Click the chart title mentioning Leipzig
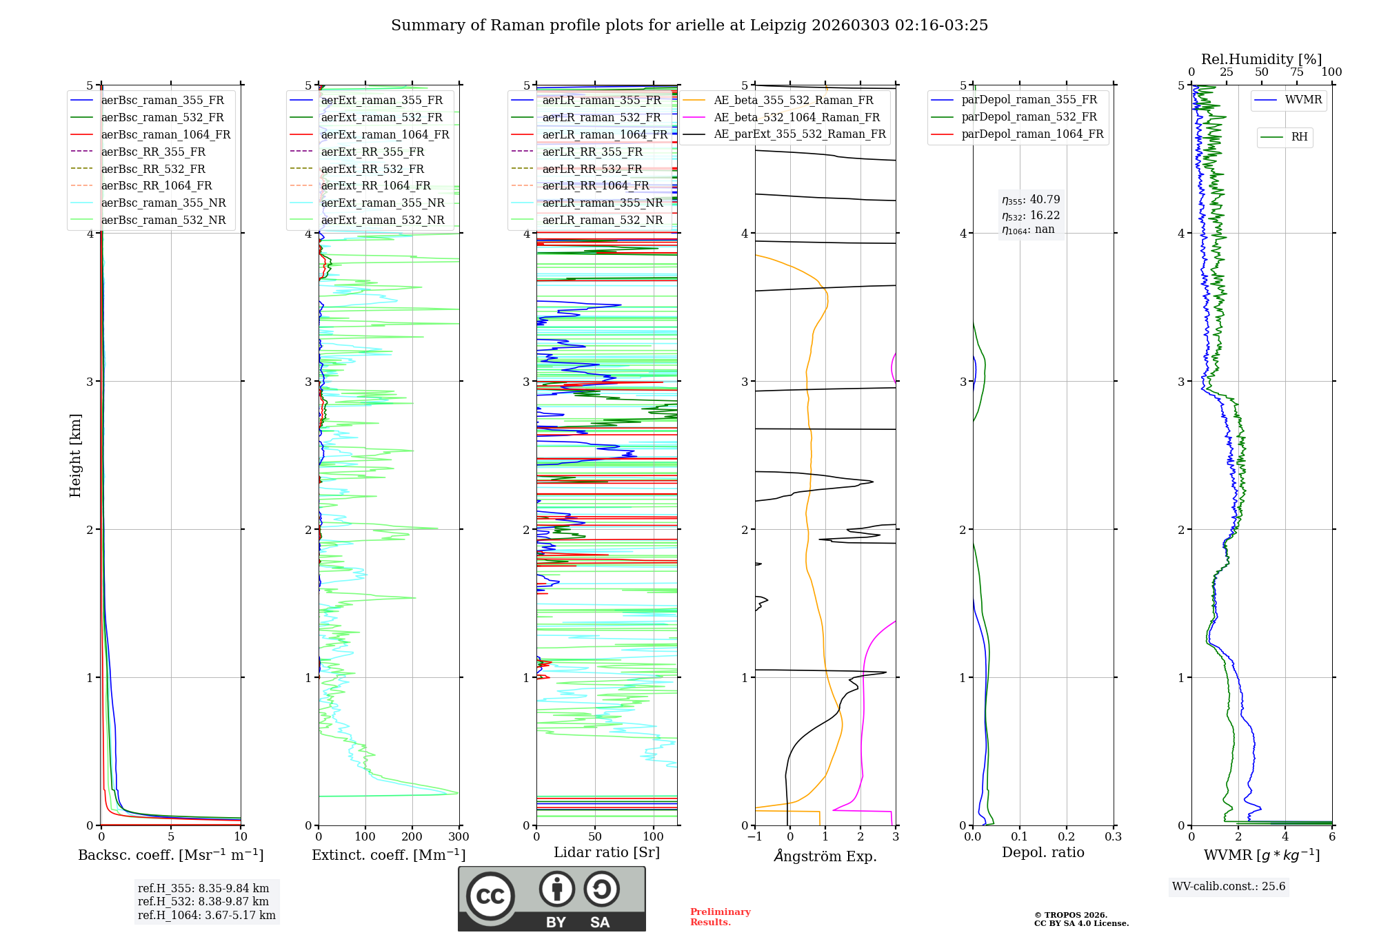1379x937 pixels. [x=689, y=25]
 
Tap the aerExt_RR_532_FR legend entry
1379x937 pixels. [x=372, y=169]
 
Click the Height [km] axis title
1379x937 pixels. [x=75, y=455]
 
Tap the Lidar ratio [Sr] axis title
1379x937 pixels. [x=607, y=852]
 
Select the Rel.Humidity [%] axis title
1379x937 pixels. [x=1261, y=59]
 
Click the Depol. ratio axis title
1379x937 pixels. [x=1043, y=852]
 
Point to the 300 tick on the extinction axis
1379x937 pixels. [x=459, y=837]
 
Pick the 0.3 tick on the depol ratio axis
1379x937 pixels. [x=1113, y=837]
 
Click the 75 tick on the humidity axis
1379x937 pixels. [x=1297, y=72]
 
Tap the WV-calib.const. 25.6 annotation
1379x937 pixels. [x=1229, y=887]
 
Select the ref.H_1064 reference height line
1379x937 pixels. [x=206, y=916]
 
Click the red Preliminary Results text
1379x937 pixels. [x=720, y=917]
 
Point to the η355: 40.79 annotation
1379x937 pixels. [x=1031, y=200]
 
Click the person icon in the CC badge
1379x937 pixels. [x=556, y=889]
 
